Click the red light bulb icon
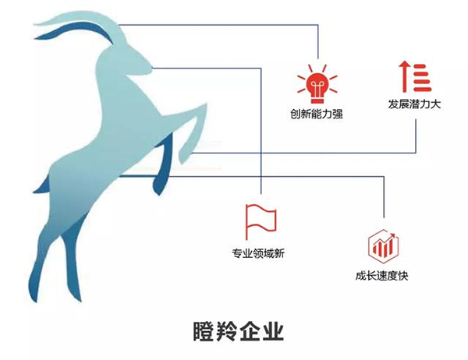pos(317,84)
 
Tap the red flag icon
pos(261,221)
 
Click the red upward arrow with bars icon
pos(415,76)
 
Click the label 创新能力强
pos(317,114)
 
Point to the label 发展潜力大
pos(414,104)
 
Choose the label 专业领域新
pos(258,253)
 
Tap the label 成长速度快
pos(381,276)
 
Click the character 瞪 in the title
pos(204,330)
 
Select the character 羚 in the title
pos(227,330)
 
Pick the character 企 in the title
pos(250,330)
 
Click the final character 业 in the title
pos(272,330)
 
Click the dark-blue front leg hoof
pos(158,185)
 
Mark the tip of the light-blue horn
pos(35,23)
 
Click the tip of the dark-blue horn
pos(36,37)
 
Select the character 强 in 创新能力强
pos(338,114)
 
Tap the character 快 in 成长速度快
pos(403,276)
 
